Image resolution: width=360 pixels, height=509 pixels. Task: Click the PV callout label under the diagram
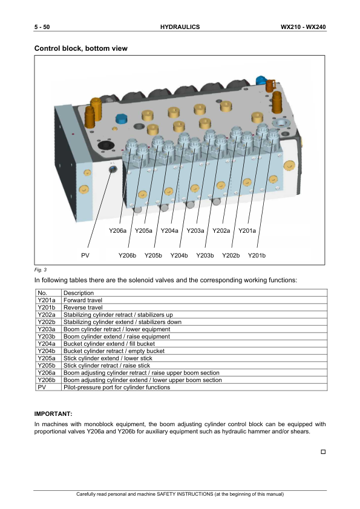[85, 256]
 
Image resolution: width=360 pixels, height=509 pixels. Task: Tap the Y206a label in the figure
[117, 231]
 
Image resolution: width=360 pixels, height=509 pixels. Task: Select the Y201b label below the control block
[257, 256]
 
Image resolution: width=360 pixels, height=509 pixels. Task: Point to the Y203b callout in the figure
[205, 256]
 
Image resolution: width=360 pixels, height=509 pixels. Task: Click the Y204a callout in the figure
[169, 231]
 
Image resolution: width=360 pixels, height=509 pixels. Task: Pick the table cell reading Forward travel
[83, 300]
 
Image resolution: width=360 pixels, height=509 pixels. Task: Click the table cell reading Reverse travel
[83, 308]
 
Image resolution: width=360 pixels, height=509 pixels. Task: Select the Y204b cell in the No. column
[47, 351]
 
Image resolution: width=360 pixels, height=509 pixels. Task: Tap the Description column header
[79, 293]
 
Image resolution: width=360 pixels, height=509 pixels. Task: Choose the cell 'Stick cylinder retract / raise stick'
[106, 366]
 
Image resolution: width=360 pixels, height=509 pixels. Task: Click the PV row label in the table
[42, 387]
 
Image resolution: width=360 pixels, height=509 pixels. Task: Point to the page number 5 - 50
[42, 27]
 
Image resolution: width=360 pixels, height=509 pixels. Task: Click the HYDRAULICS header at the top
[180, 27]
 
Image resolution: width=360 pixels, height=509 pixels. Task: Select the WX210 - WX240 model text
[303, 27]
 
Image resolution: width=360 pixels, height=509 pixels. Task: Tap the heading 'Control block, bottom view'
[81, 48]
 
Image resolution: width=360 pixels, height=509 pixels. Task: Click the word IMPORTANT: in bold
[53, 414]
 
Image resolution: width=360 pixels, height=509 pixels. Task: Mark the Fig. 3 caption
[41, 270]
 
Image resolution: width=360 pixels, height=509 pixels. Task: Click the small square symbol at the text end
[323, 452]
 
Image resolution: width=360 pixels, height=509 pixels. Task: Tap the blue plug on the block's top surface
[121, 118]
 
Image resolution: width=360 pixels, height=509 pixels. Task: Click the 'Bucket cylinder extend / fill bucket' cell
[109, 344]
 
